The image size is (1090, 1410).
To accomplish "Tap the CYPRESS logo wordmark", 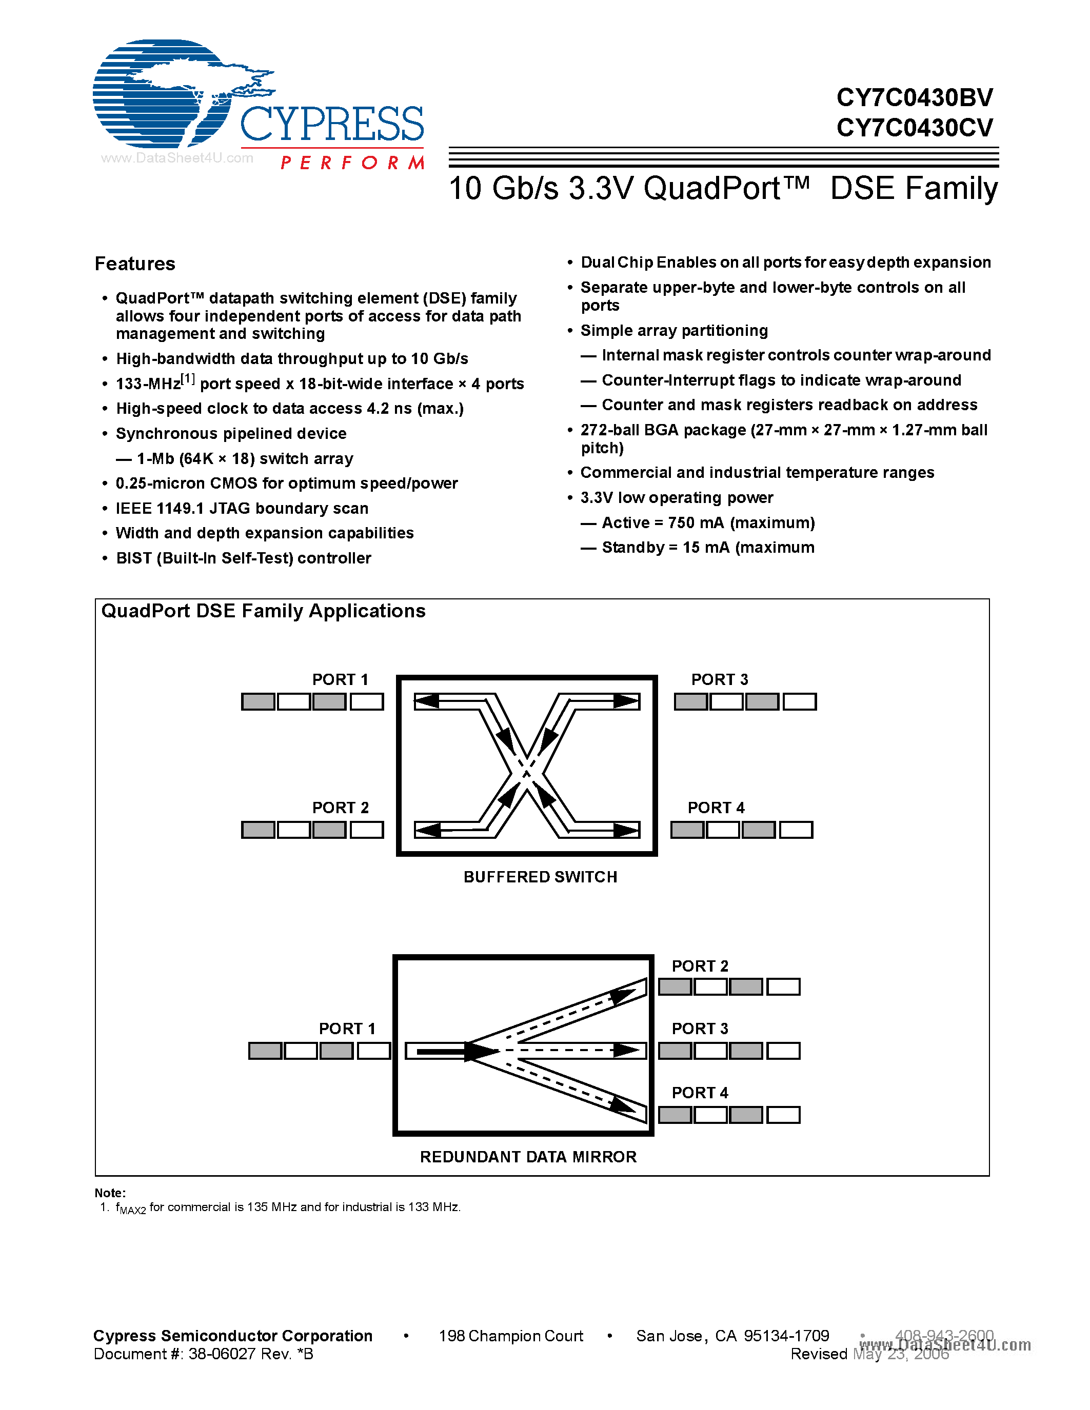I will (x=331, y=124).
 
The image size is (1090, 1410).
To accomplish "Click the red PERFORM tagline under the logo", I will (x=352, y=163).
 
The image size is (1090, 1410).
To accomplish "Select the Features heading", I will (x=135, y=264).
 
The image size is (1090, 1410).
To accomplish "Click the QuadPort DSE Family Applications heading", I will (x=264, y=611).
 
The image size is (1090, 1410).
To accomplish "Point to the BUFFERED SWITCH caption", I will (x=540, y=877).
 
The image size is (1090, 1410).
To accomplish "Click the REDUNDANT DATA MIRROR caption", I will (x=528, y=1156).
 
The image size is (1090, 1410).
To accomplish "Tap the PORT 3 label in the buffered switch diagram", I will (x=719, y=679).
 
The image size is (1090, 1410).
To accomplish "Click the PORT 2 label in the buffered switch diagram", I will (x=340, y=808).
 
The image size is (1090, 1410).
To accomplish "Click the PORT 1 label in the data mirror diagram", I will (x=347, y=1029).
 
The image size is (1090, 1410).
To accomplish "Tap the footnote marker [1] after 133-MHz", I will (x=187, y=379).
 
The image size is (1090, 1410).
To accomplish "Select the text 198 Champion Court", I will (x=510, y=1336).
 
